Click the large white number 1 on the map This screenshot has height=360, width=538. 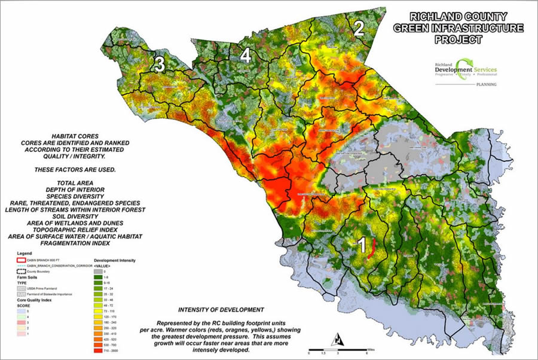[x=360, y=245]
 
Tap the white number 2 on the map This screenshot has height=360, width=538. [x=359, y=28]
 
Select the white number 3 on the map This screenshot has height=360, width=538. [x=160, y=64]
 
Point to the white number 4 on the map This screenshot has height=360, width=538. [x=246, y=56]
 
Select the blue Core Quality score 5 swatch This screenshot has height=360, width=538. [x=22, y=312]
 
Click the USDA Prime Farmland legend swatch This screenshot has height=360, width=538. [x=22, y=289]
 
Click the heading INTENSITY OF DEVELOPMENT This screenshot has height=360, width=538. [x=220, y=310]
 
